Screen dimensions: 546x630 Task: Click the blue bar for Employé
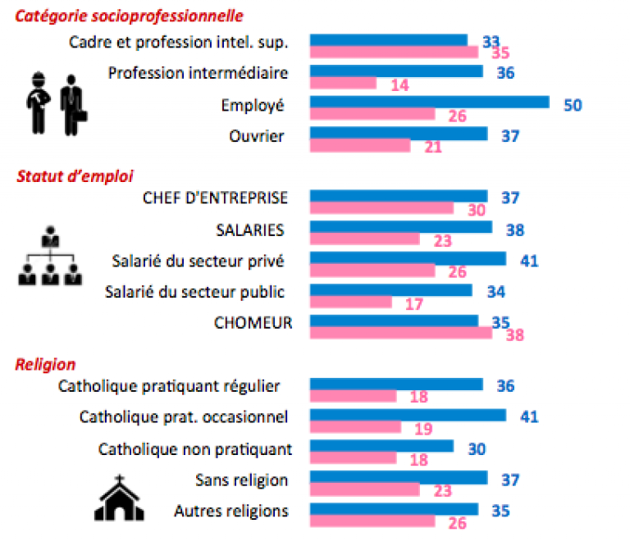point(429,102)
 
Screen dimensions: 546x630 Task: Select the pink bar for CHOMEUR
point(400,333)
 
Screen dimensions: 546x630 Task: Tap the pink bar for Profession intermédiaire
point(343,83)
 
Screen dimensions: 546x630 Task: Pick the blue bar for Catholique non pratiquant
point(381,446)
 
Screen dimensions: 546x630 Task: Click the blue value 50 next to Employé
point(573,104)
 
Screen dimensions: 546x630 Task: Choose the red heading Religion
point(46,365)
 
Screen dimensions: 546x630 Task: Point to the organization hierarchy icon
point(50,256)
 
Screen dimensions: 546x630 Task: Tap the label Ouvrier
point(257,135)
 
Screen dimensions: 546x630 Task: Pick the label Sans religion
point(242,480)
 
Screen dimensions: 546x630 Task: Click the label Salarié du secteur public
point(196,292)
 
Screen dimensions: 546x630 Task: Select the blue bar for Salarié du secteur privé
point(408,259)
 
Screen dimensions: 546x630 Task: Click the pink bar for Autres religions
point(372,521)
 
